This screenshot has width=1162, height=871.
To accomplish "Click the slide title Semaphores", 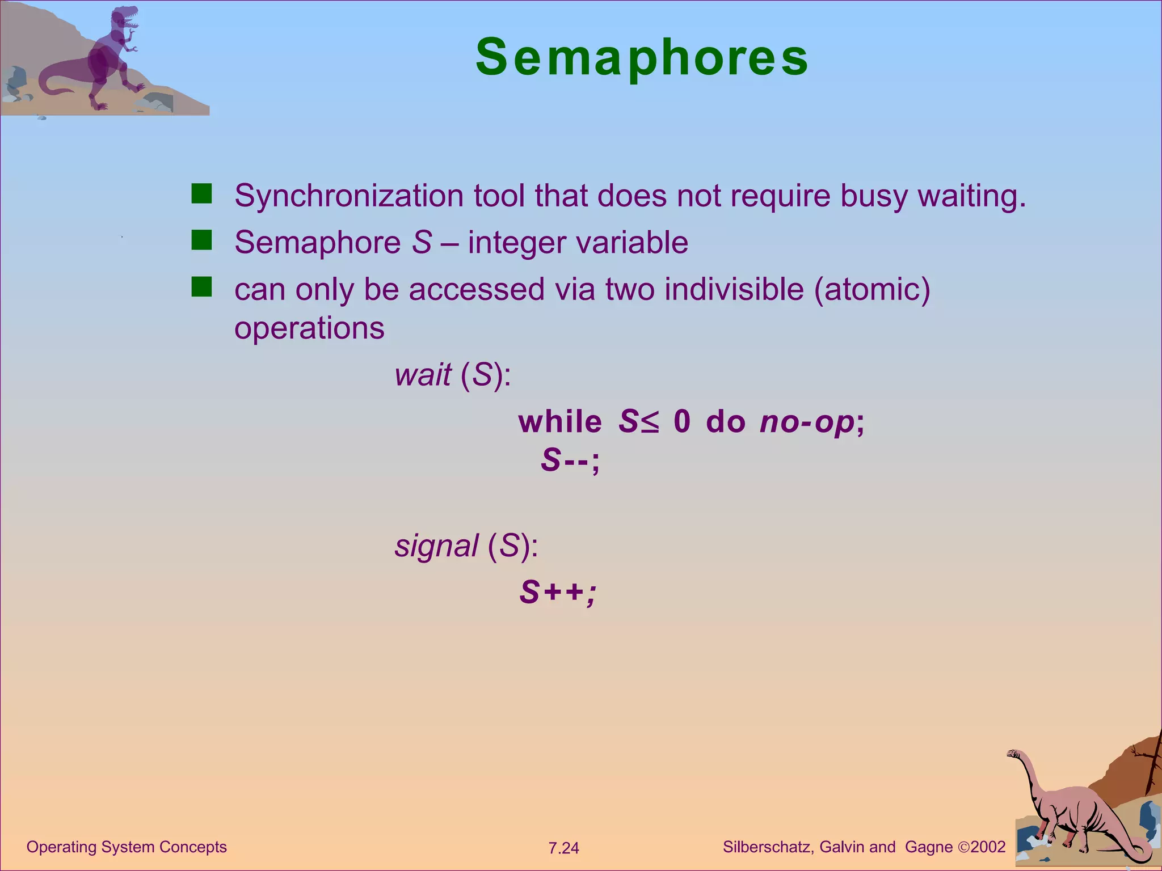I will click(x=642, y=57).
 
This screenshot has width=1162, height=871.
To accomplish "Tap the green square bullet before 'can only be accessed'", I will click(x=201, y=287).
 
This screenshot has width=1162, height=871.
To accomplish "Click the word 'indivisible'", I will click(x=734, y=289).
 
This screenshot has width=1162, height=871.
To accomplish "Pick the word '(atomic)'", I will click(x=872, y=289).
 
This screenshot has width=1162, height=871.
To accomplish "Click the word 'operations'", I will click(x=309, y=328).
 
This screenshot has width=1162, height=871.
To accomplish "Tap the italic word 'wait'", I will click(x=423, y=375).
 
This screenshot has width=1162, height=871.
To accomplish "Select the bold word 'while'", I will click(x=560, y=422).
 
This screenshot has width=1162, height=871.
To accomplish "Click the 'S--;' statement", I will click(x=570, y=460).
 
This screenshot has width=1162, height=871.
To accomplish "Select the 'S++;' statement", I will click(x=558, y=593).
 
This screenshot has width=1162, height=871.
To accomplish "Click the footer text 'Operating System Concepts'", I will click(x=127, y=847).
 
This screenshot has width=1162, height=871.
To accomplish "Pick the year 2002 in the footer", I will click(x=988, y=847).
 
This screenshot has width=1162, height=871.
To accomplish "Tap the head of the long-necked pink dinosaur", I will click(x=1013, y=754).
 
